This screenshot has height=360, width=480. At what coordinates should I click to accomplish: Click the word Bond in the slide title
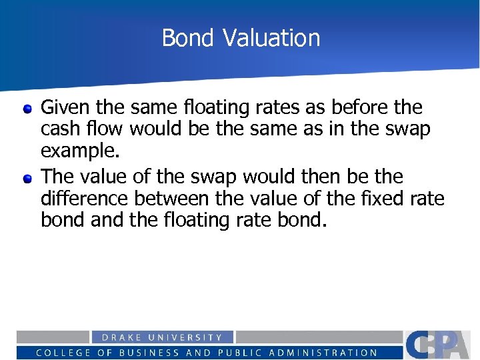pyautogui.click(x=189, y=38)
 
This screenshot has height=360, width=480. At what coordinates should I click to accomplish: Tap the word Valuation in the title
pyautogui.click(x=271, y=38)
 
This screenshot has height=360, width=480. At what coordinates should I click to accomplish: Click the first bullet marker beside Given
pyautogui.click(x=27, y=109)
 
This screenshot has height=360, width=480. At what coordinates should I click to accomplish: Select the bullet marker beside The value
pyautogui.click(x=27, y=178)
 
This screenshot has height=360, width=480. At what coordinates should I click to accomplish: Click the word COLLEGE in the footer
pyautogui.click(x=63, y=353)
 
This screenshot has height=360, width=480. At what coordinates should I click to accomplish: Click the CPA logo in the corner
pyautogui.click(x=440, y=344)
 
